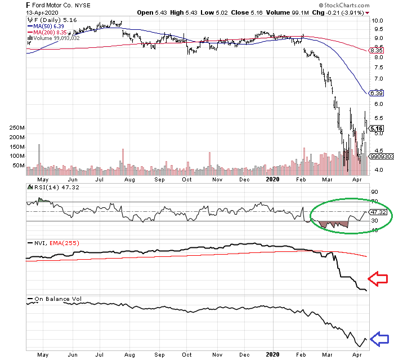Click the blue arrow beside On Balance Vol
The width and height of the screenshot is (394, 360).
click(378, 339)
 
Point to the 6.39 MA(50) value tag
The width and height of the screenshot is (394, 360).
click(375, 92)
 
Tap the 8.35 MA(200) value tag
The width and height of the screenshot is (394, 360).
click(375, 51)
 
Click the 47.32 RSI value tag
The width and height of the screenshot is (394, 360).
click(375, 212)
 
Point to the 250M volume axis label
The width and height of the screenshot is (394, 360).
click(15, 128)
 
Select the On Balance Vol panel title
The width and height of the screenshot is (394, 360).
click(55, 299)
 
